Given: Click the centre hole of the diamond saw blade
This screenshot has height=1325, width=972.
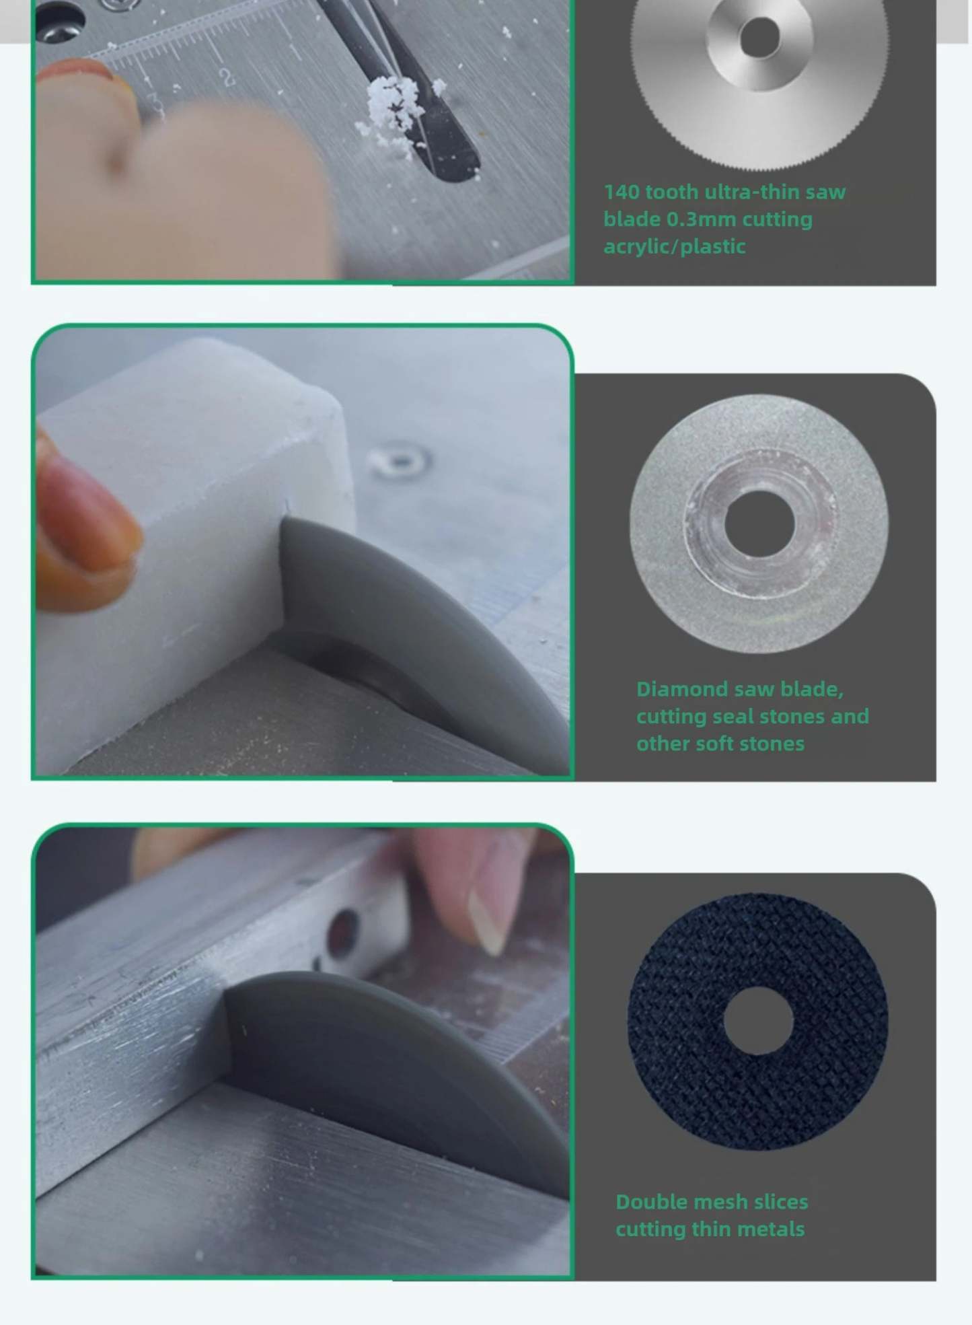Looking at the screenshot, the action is [x=759, y=524].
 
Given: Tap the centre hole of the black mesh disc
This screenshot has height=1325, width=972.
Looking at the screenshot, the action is [x=758, y=1020].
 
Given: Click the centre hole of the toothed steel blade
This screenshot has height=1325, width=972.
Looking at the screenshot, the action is [x=759, y=36].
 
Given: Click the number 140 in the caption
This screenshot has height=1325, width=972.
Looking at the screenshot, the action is [x=622, y=192].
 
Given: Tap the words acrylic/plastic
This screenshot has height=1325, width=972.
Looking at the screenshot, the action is [x=675, y=247].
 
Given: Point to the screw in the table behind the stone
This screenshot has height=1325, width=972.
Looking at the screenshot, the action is [x=400, y=461].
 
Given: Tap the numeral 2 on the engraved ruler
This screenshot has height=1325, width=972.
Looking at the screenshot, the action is [x=227, y=77].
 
